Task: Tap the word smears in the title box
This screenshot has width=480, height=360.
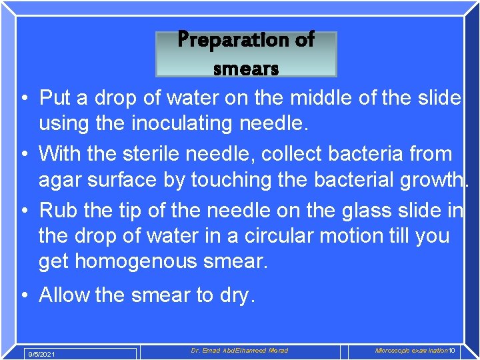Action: (x=245, y=67)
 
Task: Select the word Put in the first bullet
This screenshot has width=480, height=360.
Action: (x=55, y=99)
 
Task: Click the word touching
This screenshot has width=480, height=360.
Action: (x=235, y=180)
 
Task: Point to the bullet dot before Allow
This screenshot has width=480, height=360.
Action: (x=24, y=295)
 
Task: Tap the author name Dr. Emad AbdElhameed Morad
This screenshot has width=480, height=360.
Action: (x=239, y=351)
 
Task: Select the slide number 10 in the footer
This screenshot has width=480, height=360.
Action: (x=451, y=351)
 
